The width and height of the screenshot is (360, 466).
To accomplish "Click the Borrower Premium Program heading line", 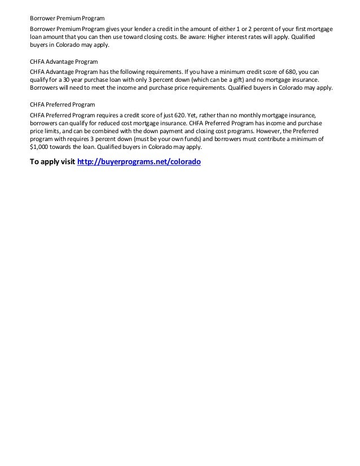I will coord(63,19).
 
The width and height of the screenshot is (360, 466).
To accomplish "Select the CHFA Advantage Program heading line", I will coord(64,61).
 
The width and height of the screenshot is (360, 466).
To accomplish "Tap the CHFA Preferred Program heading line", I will coord(62,104).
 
